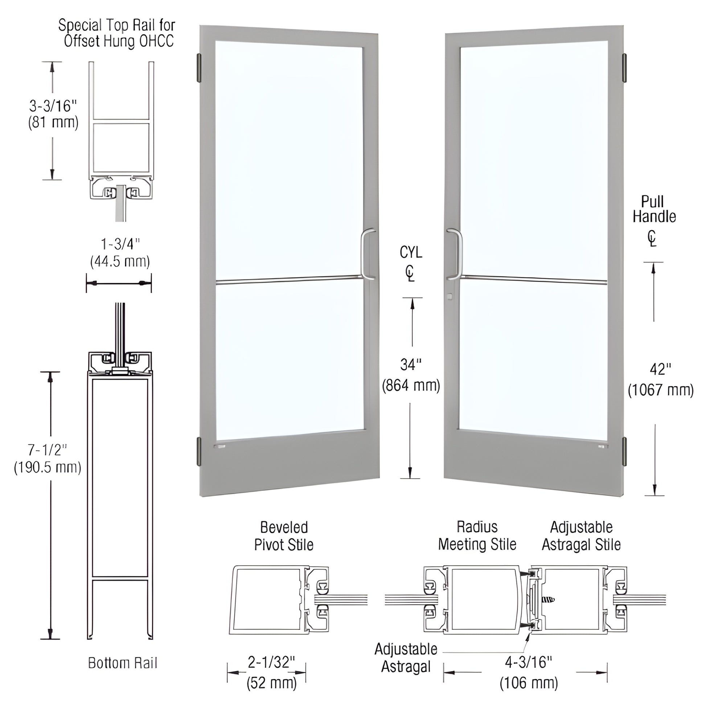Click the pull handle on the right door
(458, 254)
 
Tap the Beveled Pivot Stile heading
(284, 536)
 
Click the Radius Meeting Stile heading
(477, 536)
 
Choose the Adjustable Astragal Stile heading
(581, 536)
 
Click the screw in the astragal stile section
(549, 600)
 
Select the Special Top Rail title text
(117, 33)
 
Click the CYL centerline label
(411, 252)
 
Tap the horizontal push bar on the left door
(289, 280)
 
